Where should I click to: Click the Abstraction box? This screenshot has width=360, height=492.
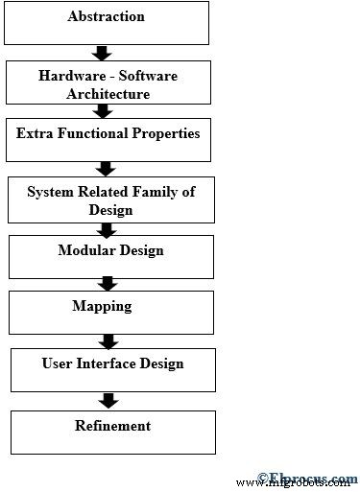pos(107,23)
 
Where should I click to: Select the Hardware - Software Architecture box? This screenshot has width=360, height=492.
pos(107,83)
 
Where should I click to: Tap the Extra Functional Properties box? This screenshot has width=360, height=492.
pos(108,140)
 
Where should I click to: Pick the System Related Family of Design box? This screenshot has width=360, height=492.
pos(110,200)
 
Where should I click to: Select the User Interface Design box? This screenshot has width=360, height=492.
pos(112,369)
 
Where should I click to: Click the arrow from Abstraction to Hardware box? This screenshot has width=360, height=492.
pos(107,52)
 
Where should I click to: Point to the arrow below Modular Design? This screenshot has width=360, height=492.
pos(108,284)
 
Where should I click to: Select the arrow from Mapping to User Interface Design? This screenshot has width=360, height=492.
pos(108,340)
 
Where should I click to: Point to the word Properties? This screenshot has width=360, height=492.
pos(163,132)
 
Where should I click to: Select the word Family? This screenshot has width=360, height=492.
pos(147,192)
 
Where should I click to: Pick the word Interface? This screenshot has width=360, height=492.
pos(108,363)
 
